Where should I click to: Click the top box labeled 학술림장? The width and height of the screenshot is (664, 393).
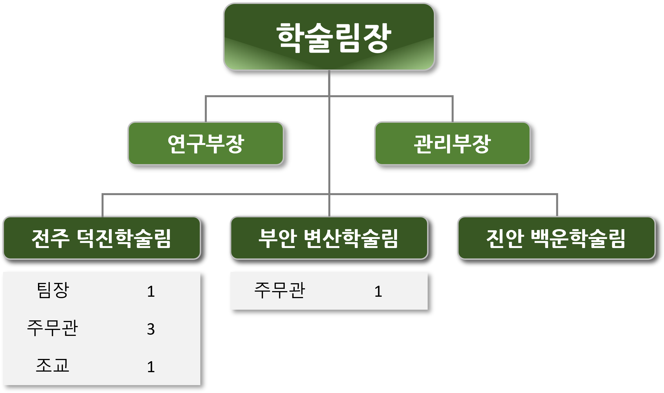329,37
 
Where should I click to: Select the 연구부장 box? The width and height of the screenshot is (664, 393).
206,144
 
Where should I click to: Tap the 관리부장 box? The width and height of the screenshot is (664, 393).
452,144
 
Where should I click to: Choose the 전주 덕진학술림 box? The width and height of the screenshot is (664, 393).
102,238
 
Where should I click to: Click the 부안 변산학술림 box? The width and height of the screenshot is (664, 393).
329,238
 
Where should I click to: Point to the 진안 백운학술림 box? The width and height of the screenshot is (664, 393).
556,238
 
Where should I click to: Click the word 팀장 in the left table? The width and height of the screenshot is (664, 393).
53,291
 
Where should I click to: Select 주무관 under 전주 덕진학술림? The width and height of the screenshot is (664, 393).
52,328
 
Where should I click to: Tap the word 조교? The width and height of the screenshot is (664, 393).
53,366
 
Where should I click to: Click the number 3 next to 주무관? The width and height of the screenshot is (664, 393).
151,329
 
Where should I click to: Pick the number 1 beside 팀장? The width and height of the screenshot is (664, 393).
151,291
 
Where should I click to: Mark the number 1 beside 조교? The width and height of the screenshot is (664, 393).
151,367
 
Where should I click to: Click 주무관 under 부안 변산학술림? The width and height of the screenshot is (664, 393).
279,291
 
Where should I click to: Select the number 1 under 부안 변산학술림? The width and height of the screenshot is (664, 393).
378,291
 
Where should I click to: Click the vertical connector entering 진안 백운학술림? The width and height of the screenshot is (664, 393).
557,206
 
